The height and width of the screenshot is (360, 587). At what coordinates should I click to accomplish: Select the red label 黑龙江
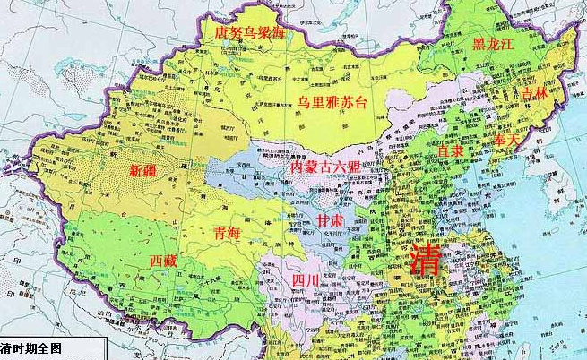coord(496,43)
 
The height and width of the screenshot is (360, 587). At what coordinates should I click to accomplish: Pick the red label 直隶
coord(449,151)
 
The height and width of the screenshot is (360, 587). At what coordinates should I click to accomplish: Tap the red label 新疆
coord(146,169)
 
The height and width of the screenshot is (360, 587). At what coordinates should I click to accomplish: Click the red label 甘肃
coord(329,219)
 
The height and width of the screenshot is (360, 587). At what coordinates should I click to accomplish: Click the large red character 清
coord(428,261)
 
